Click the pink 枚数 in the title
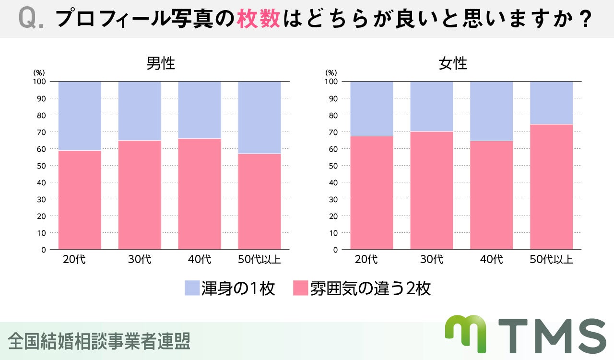coord(258,19)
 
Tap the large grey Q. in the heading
coord(32,19)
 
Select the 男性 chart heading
coord(161,63)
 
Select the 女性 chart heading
coord(453,63)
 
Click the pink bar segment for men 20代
coord(80,200)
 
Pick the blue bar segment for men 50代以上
coord(260,117)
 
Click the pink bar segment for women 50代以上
coord(551,187)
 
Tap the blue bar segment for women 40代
coord(491,111)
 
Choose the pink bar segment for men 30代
coord(140,195)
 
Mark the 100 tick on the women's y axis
coord(331,82)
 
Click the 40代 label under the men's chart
coord(200,260)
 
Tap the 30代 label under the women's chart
coord(432,260)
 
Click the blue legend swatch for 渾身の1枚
coord(192,288)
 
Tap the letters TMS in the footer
coord(552,336)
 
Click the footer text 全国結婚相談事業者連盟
coord(99,341)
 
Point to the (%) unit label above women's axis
coord(331,72)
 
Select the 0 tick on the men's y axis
coord(43,250)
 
